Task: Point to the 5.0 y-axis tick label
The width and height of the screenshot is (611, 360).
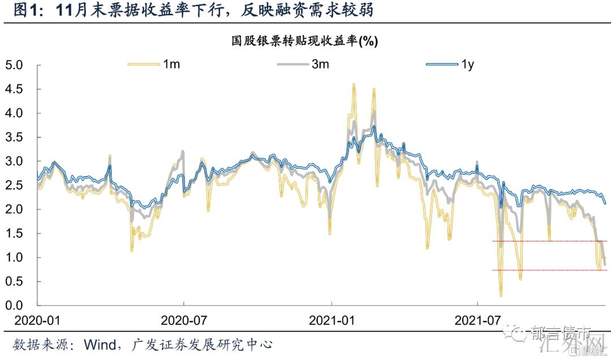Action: click(14, 65)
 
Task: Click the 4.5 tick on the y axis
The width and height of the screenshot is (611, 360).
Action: click(14, 89)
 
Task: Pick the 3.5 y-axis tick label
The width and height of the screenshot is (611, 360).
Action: click(14, 138)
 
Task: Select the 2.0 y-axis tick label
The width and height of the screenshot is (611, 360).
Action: click(14, 209)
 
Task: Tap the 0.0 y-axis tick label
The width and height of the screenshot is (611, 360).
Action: click(14, 306)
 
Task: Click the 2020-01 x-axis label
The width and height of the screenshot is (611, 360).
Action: click(37, 320)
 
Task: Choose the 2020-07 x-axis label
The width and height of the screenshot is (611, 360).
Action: click(184, 320)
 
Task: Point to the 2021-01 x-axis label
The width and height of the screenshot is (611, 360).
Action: click(332, 320)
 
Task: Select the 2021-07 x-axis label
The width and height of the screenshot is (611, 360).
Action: click(478, 320)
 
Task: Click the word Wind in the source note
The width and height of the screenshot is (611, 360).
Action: click(101, 345)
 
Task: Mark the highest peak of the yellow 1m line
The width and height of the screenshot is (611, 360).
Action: click(354, 84)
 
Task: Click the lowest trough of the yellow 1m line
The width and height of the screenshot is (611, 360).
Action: click(501, 295)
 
